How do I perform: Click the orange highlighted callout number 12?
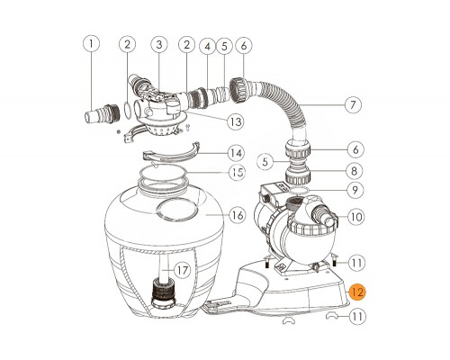click(357, 292)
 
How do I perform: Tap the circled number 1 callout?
click(91, 44)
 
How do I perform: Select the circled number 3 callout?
click(159, 44)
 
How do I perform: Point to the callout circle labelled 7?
click(353, 104)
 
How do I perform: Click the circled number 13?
click(236, 121)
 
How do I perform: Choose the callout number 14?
click(237, 153)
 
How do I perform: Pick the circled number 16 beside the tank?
click(238, 215)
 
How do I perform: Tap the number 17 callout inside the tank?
click(182, 270)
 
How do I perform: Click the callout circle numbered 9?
click(355, 190)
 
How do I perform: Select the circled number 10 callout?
click(356, 217)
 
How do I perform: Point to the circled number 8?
click(355, 171)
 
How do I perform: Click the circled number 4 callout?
click(208, 47)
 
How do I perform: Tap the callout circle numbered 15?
click(237, 173)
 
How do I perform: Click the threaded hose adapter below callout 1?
click(102, 115)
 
